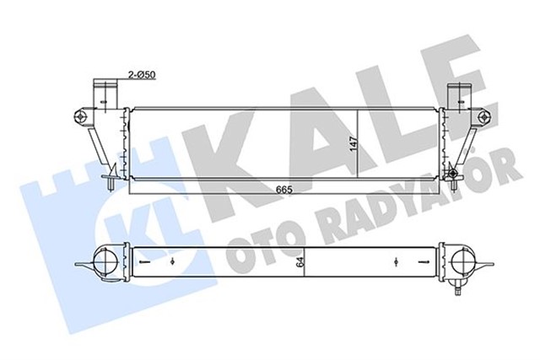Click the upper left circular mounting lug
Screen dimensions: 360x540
coord(81,115)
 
